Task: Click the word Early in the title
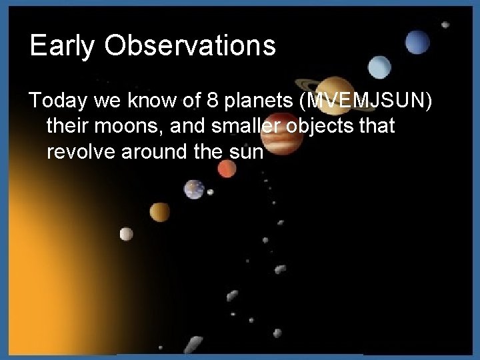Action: point(58,46)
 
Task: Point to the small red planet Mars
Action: point(227,169)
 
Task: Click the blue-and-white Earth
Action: point(194,189)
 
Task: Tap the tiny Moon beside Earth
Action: point(211,193)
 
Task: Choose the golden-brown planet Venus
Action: point(159,212)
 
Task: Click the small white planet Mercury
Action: point(126,233)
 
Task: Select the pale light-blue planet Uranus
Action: point(380,66)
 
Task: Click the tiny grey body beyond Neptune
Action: point(445,25)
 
